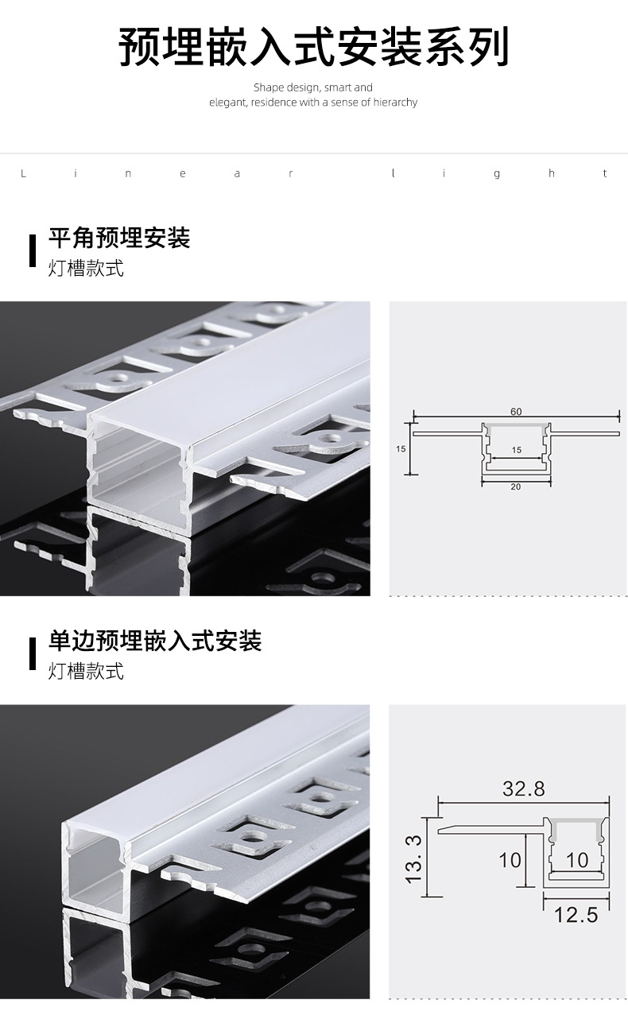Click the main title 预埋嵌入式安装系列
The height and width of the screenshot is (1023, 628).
pyautogui.click(x=313, y=47)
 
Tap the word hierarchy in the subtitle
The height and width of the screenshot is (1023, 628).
pyautogui.click(x=395, y=103)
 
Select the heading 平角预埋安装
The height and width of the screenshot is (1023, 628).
pyautogui.click(x=119, y=238)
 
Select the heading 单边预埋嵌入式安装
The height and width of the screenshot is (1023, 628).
pyautogui.click(x=155, y=641)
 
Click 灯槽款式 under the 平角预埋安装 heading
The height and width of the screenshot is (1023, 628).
pyautogui.click(x=86, y=268)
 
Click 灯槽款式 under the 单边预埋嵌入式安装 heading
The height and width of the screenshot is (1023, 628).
pyautogui.click(x=86, y=672)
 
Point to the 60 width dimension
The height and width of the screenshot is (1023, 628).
pyautogui.click(x=516, y=412)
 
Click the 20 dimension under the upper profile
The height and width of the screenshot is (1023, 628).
pyautogui.click(x=516, y=486)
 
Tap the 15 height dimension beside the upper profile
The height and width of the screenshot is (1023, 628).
pyautogui.click(x=401, y=449)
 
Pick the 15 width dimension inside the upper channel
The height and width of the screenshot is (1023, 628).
pyautogui.click(x=517, y=450)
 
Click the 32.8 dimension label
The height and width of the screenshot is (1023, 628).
pyautogui.click(x=524, y=789)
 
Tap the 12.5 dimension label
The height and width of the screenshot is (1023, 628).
pyautogui.click(x=576, y=915)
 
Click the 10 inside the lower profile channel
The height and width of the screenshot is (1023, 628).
pyautogui.click(x=577, y=860)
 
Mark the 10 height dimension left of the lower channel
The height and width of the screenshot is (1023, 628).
pyautogui.click(x=510, y=860)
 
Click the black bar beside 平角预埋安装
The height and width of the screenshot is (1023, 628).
pyautogui.click(x=33, y=250)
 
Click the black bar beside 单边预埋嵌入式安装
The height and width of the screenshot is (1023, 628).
pyautogui.click(x=33, y=654)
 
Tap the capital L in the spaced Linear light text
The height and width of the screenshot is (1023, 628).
pyautogui.click(x=23, y=173)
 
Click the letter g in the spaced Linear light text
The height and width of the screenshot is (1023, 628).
pyautogui.click(x=497, y=174)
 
